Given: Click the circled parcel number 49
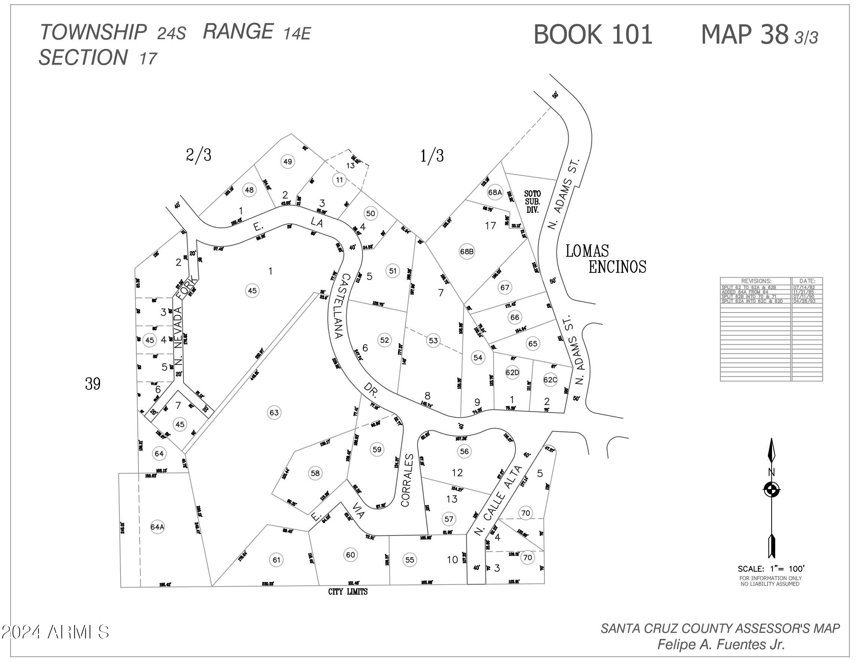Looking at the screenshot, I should click(288, 161).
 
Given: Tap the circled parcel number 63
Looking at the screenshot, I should click(274, 412).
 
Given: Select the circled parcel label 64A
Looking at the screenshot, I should click(157, 527).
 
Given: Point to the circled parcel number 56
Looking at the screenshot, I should click(464, 451).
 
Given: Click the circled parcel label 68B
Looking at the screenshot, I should click(467, 251).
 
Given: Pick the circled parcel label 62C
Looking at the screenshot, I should click(550, 380).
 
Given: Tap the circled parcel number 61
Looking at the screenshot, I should click(276, 560).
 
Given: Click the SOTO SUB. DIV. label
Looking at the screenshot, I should click(532, 201).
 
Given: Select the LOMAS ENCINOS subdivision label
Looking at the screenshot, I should click(606, 259).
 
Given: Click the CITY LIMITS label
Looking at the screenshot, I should click(348, 592).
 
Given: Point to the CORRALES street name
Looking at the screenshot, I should click(408, 480).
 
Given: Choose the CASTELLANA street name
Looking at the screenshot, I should click(342, 306).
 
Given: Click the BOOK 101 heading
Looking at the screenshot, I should click(593, 35).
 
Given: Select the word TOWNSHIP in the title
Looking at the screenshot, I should click(93, 32).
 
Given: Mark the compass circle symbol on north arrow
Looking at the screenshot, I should click(771, 490).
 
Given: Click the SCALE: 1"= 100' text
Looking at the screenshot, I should click(771, 569).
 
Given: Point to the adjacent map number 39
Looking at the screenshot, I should click(93, 383).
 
